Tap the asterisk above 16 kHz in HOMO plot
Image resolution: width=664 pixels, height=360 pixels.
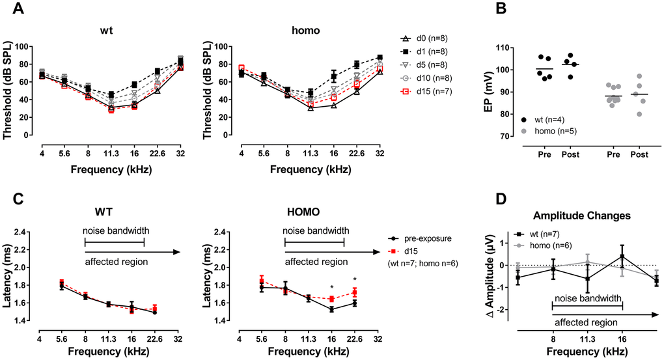click(x=331, y=288)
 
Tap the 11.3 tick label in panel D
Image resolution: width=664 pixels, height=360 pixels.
click(x=588, y=339)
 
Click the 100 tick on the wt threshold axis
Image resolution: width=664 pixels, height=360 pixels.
click(x=25, y=47)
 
